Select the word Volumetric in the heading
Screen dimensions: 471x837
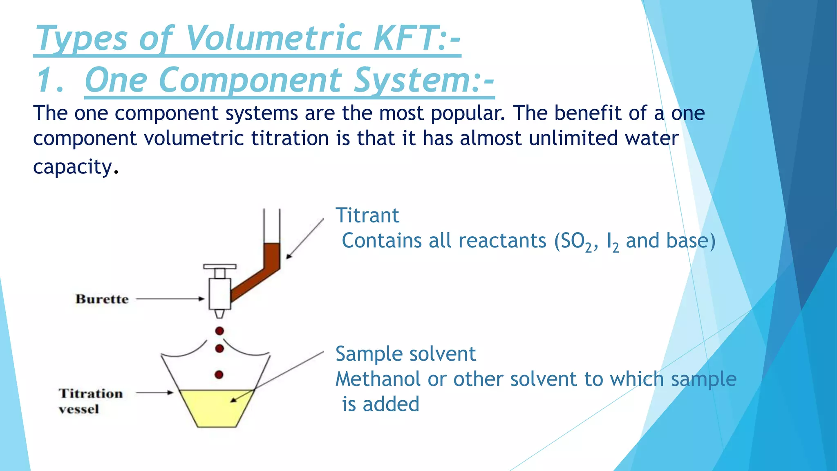point(274,38)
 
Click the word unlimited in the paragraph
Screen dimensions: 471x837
point(573,138)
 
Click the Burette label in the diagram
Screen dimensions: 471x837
point(102,299)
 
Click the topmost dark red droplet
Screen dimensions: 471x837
point(219,331)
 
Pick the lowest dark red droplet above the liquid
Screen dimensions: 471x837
point(219,375)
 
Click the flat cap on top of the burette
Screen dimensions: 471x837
point(220,267)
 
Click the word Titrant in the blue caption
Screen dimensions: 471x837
point(367,215)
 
